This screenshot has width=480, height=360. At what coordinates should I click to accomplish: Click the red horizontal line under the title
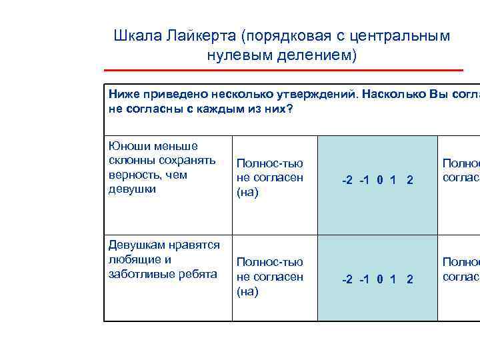(x=283, y=70)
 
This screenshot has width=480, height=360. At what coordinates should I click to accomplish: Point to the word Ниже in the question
(x=122, y=95)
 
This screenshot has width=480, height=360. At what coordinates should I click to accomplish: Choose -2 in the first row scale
(x=347, y=180)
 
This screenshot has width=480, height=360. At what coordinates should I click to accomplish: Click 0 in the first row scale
(x=379, y=180)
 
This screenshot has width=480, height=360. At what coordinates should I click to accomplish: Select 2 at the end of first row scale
(x=409, y=180)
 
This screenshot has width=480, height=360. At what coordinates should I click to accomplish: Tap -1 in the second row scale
(x=365, y=279)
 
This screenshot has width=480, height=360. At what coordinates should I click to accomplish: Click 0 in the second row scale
(x=379, y=279)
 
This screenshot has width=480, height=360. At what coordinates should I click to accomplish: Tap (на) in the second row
(x=247, y=291)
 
